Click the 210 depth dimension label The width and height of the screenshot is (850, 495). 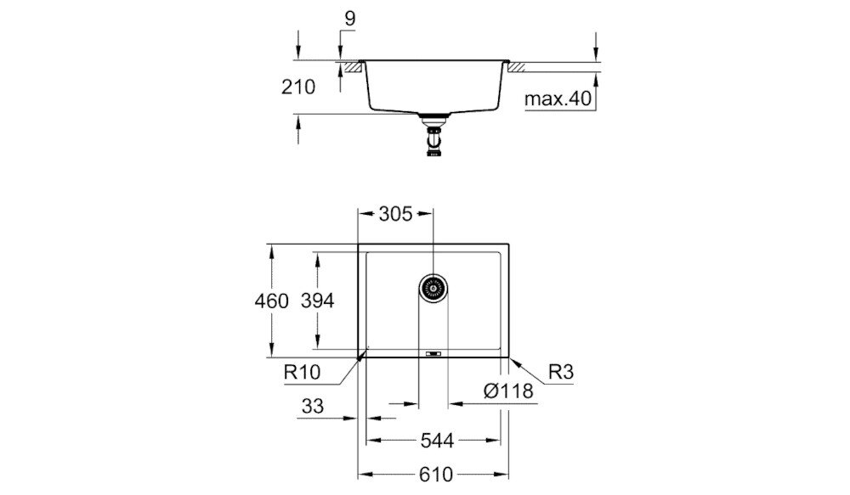[298, 87]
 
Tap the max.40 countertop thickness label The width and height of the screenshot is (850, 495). [556, 99]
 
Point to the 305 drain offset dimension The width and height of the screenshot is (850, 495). [395, 214]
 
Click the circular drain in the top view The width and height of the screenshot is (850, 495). [433, 288]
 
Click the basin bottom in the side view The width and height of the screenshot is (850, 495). [433, 110]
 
